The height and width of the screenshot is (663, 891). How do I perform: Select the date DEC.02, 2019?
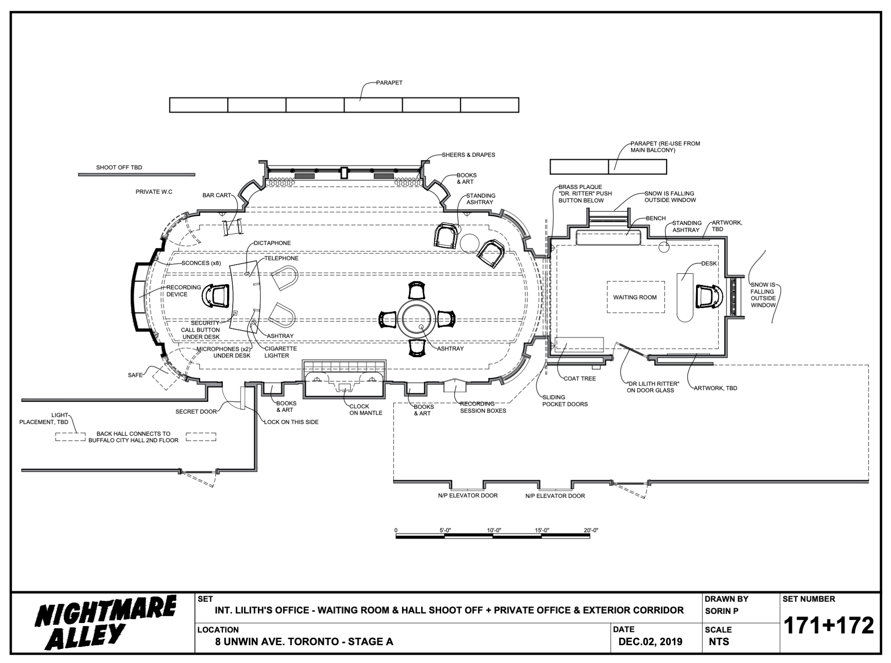[x=650, y=642]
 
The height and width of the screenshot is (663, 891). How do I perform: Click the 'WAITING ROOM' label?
[x=635, y=297]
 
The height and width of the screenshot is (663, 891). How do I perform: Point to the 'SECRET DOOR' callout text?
[x=196, y=411]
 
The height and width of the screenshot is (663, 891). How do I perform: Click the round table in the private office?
[x=416, y=318]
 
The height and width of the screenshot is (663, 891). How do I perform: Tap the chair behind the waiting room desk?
[x=707, y=296]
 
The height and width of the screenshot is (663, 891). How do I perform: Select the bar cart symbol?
[x=233, y=227]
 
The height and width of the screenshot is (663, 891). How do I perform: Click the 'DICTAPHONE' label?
[x=272, y=243]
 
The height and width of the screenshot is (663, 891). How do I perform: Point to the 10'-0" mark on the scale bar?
[x=494, y=530]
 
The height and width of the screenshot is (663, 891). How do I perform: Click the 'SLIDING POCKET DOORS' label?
[x=565, y=400]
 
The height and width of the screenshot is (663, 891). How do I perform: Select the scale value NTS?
[x=718, y=642]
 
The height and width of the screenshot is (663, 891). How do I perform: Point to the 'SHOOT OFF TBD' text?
[x=119, y=167]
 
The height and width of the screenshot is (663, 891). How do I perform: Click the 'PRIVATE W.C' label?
[x=154, y=192]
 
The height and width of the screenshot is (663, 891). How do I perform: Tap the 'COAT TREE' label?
[x=579, y=378]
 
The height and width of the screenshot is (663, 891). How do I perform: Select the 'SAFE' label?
[x=135, y=375]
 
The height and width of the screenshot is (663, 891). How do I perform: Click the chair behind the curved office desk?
[x=217, y=296]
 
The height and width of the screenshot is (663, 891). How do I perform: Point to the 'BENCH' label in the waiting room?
[x=656, y=218]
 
